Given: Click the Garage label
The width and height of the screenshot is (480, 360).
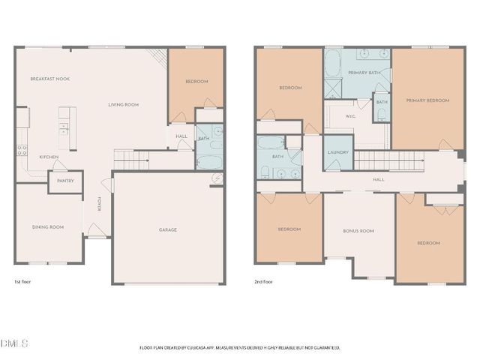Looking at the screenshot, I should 167,229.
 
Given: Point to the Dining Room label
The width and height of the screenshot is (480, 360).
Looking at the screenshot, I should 46,227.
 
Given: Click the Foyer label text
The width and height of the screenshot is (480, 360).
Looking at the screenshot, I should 99,203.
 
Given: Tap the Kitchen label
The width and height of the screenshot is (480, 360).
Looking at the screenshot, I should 49,157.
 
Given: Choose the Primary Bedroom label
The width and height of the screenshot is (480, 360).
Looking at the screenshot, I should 427,100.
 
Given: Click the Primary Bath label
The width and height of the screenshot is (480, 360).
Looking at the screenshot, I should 363,72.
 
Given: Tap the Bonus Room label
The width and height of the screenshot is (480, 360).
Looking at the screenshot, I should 358,231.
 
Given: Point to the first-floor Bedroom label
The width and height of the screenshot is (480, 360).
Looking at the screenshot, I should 196,81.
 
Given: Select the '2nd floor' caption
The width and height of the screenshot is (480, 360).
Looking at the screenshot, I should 265,282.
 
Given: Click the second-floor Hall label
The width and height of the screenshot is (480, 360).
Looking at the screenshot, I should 379,180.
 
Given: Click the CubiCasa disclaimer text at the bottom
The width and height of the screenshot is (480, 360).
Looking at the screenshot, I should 240,347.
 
